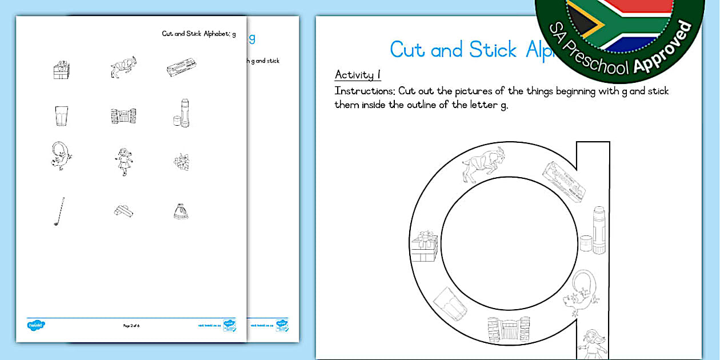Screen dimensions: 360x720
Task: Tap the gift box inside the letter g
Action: pyautogui.click(x=424, y=247)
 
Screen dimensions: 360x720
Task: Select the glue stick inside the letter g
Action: pyautogui.click(x=598, y=230)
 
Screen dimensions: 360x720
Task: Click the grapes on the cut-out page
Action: pyautogui.click(x=181, y=162)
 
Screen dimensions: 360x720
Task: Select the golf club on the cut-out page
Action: pyautogui.click(x=59, y=211)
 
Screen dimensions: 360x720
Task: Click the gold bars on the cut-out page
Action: pyautogui.click(x=123, y=211)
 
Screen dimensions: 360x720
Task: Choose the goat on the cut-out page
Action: pyautogui.click(x=123, y=67)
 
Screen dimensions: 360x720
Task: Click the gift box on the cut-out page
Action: pyautogui.click(x=61, y=69)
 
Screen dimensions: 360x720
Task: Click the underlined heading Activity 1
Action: pyautogui.click(x=358, y=75)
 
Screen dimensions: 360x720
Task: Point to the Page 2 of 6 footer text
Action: pyautogui.click(x=131, y=326)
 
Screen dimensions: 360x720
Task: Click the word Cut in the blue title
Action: pyautogui.click(x=407, y=50)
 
